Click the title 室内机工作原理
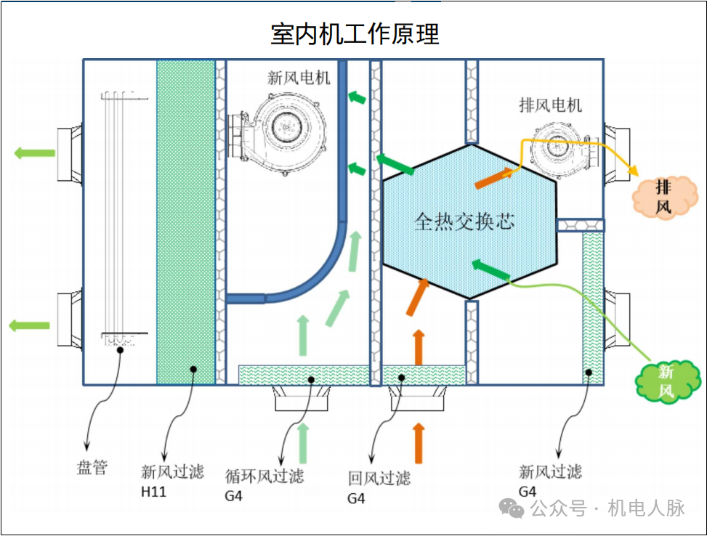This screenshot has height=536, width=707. pyautogui.click(x=355, y=34)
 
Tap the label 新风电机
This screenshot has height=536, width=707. pyautogui.click(x=299, y=78)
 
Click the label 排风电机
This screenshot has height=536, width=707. pyautogui.click(x=550, y=105)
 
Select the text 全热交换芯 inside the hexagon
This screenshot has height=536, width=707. pyautogui.click(x=464, y=221)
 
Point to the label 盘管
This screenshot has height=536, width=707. pyautogui.click(x=92, y=467)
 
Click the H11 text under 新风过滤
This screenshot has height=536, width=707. pyautogui.click(x=153, y=492)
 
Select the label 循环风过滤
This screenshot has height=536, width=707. pyautogui.click(x=264, y=476)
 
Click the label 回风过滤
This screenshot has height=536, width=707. pyautogui.click(x=379, y=477)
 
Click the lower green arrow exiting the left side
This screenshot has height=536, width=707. pyautogui.click(x=30, y=325)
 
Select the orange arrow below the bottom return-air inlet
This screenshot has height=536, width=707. pyautogui.click(x=418, y=442)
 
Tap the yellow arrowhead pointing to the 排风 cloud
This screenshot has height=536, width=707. pyautogui.click(x=631, y=172)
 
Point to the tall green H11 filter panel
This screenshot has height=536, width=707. pyautogui.click(x=185, y=218)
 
